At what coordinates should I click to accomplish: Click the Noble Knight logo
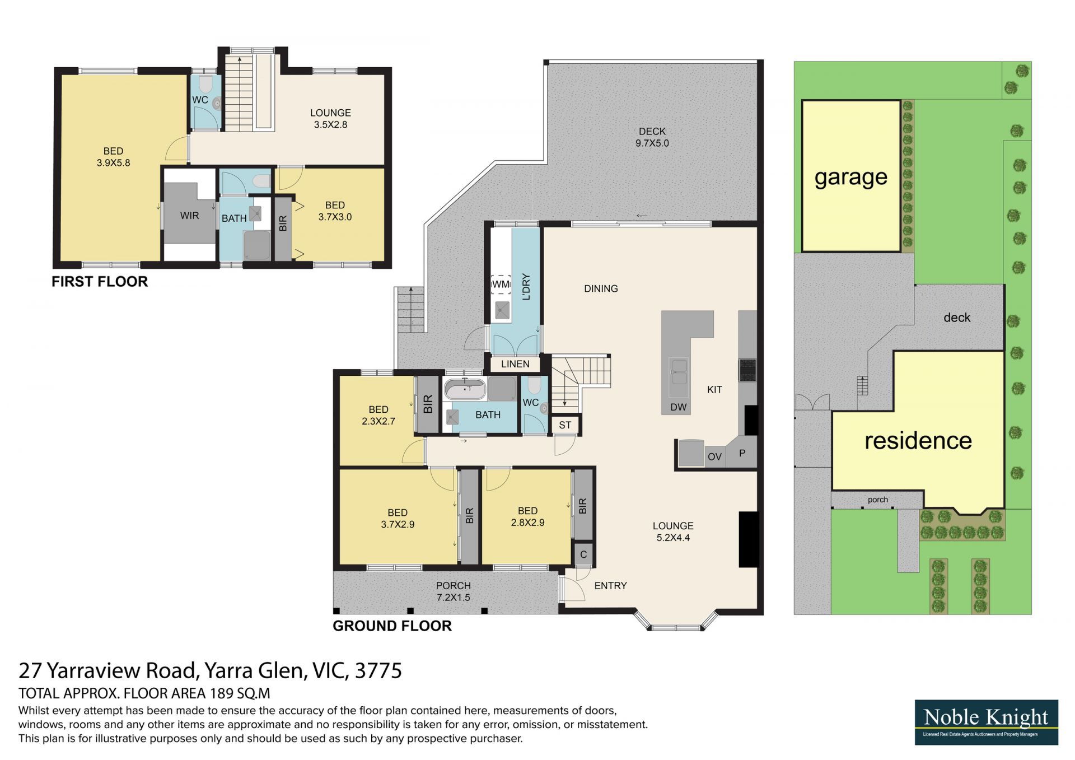(986, 722)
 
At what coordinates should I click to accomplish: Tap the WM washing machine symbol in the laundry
(501, 284)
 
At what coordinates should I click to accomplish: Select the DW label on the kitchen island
(678, 407)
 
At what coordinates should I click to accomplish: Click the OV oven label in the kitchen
(714, 457)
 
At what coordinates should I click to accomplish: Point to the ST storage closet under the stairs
(565, 425)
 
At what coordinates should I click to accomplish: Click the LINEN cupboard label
(515, 364)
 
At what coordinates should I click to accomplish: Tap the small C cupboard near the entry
(583, 554)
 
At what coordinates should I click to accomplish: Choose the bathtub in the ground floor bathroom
(465, 388)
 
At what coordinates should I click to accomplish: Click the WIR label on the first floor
(189, 216)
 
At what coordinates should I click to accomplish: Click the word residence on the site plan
(918, 441)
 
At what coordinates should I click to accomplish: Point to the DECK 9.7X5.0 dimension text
(652, 137)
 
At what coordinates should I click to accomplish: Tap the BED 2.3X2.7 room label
(378, 416)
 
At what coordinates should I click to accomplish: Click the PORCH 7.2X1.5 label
(454, 591)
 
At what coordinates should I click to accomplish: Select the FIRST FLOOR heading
(100, 282)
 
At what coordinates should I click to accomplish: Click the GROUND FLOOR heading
(392, 626)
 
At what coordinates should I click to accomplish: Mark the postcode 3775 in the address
(378, 670)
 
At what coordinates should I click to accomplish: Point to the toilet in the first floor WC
(205, 85)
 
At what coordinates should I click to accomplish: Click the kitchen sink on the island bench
(679, 371)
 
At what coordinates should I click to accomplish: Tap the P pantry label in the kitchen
(742, 453)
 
